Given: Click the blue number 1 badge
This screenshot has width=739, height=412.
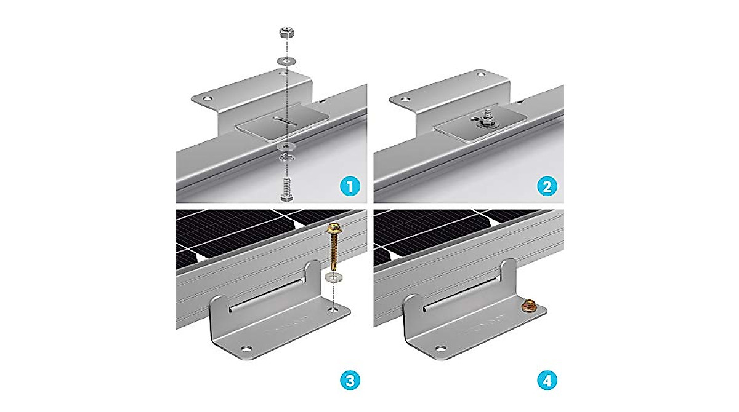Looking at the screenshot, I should click(349, 186).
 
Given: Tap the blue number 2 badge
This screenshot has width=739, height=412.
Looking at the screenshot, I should click(546, 186).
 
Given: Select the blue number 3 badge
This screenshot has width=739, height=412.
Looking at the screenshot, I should click(349, 382).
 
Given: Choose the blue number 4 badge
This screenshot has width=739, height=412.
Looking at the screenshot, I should click(546, 382).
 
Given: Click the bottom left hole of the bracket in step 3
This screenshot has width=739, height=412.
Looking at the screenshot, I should click(247, 349).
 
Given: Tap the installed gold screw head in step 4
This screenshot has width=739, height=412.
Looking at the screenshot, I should click(529, 304).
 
